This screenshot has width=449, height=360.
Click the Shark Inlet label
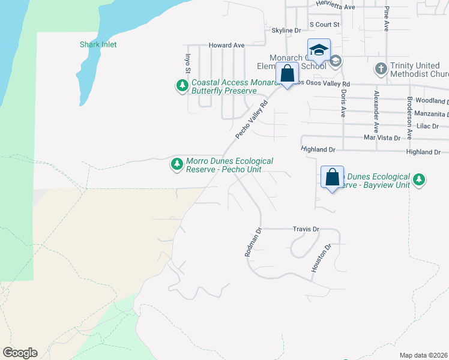[98, 44]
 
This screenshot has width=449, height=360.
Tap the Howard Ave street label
[226, 45]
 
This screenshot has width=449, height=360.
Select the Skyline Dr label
[286, 31]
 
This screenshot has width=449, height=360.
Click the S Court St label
[324, 25]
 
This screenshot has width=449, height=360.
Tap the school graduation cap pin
[319, 50]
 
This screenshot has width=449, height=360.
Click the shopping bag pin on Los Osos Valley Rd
[288, 74]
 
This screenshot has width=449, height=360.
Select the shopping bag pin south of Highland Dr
[332, 178]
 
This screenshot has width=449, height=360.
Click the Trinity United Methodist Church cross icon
[381, 69]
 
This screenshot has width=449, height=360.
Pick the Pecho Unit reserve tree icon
[176, 164]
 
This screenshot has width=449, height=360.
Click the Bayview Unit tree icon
[419, 179]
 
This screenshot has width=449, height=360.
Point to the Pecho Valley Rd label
[250, 119]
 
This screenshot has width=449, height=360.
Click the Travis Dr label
[306, 229]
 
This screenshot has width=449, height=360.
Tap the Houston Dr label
[321, 259]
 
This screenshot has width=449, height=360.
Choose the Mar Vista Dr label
[382, 138]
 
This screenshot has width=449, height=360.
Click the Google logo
[20, 353]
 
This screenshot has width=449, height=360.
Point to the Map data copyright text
[423, 355]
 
